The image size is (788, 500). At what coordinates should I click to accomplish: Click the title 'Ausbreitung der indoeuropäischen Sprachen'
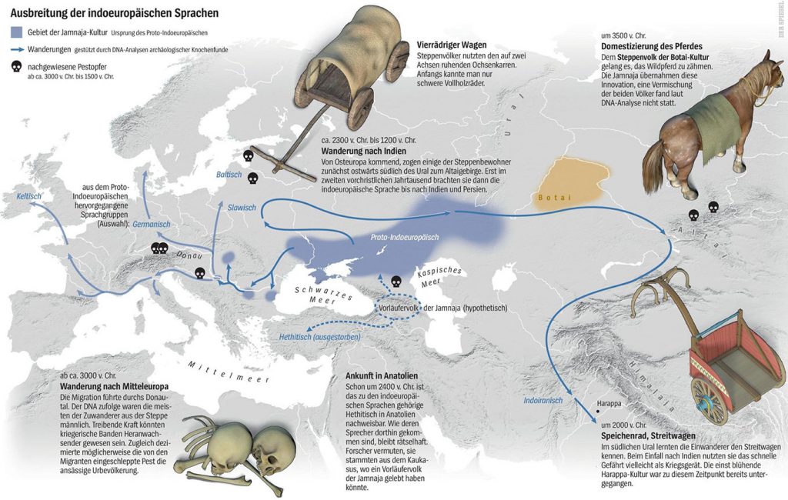coord(114,14)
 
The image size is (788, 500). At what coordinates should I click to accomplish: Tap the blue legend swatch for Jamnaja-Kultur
coord(16,32)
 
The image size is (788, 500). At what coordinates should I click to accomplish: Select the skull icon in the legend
coord(16,67)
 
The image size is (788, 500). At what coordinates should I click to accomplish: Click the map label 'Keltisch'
coord(29,197)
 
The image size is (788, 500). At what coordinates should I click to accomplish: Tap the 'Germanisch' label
coord(151,225)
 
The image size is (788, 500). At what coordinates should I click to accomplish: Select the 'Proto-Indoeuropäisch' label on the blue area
coord(400,238)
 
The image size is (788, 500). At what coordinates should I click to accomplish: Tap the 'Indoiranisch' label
coord(543,401)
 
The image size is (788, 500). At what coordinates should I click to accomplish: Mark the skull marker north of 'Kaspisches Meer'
coord(397,282)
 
